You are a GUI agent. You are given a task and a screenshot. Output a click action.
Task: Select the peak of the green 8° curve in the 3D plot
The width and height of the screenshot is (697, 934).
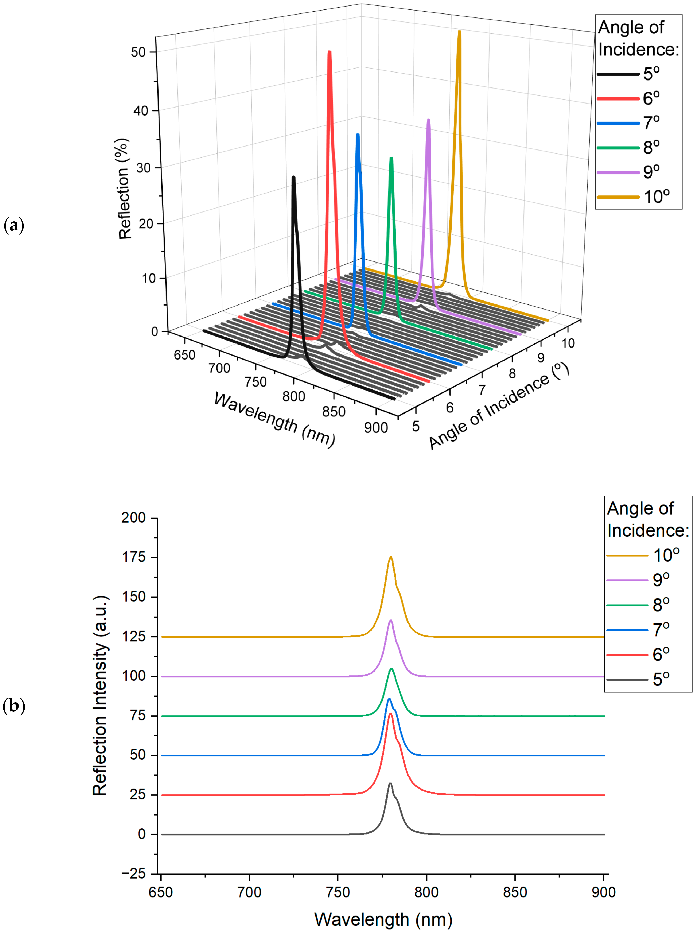(x=391, y=158)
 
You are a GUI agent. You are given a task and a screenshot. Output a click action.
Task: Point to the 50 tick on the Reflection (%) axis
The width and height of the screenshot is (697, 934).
(x=138, y=52)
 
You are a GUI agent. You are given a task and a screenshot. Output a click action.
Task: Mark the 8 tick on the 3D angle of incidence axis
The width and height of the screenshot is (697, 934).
(x=512, y=373)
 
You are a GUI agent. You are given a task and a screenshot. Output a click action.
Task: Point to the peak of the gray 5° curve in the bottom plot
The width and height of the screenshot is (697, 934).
(x=390, y=784)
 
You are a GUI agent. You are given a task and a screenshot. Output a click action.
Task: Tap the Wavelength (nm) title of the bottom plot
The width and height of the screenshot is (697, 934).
(x=383, y=920)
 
